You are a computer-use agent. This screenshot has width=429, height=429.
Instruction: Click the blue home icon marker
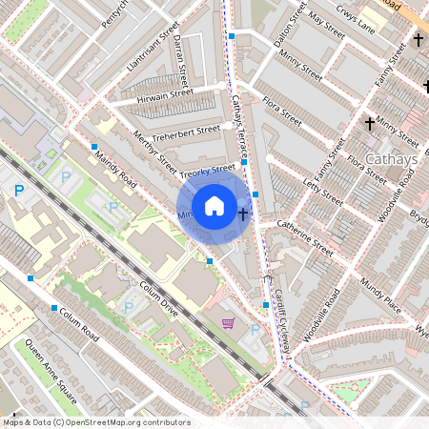(214, 205)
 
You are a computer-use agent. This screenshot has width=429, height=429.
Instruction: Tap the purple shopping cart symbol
(228, 323)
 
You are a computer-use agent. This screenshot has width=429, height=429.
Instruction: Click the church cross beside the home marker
(244, 214)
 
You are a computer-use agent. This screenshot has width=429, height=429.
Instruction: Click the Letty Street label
(322, 187)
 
